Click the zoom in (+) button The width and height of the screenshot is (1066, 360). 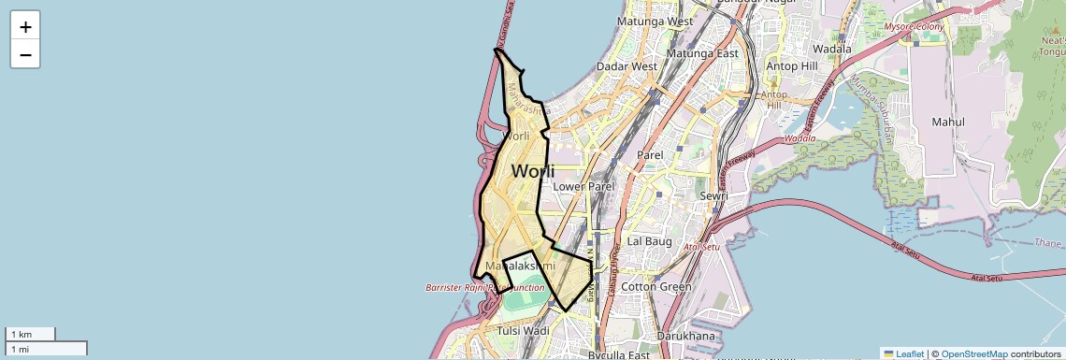(25, 27)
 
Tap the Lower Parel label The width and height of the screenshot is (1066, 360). (583, 186)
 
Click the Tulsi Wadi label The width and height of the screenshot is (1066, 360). (524, 331)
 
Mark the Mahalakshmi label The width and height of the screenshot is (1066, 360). (514, 267)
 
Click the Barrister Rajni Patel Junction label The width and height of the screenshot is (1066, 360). (484, 288)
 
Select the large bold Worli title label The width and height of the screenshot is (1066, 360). (533, 172)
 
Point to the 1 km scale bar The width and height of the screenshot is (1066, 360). (31, 334)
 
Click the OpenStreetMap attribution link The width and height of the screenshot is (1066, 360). (973, 353)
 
